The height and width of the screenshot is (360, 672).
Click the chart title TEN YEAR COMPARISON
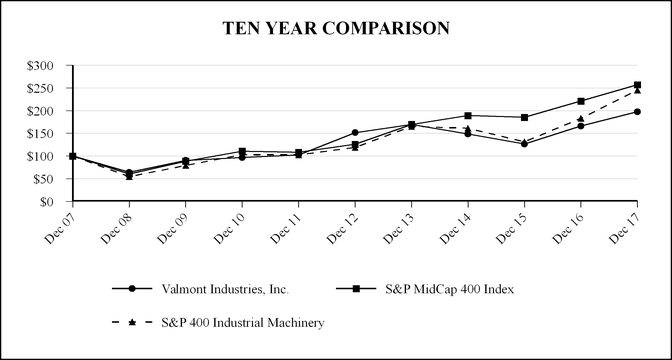click(x=336, y=28)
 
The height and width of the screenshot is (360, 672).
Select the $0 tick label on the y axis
click(x=58, y=202)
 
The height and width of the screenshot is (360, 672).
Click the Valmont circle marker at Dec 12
click(x=355, y=132)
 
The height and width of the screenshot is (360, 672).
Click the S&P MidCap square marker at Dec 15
click(x=525, y=117)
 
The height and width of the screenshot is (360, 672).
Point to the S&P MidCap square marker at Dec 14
click(x=468, y=115)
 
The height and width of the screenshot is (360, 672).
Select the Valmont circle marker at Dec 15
click(x=525, y=144)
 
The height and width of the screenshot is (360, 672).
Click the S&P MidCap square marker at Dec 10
click(x=242, y=151)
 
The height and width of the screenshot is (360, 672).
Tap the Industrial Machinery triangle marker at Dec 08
click(x=129, y=176)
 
